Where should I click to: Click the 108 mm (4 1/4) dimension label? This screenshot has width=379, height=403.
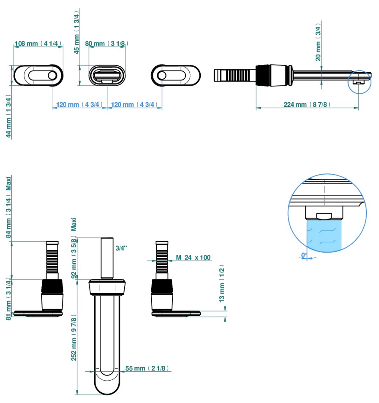(x=38, y=43)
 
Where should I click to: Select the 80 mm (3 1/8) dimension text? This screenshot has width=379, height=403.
(x=106, y=43)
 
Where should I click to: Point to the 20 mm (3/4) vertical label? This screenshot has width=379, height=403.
(x=318, y=42)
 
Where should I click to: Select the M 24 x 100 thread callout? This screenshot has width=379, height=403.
(x=193, y=257)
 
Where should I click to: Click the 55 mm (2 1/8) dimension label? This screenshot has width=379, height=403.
(x=147, y=368)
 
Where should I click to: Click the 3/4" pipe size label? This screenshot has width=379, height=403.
(x=121, y=248)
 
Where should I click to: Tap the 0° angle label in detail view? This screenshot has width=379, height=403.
(x=304, y=255)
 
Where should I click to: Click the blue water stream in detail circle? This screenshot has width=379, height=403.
(x=323, y=234)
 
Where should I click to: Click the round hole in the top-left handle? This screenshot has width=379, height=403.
(x=52, y=75)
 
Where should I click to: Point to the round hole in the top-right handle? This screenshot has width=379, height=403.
(x=161, y=75)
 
